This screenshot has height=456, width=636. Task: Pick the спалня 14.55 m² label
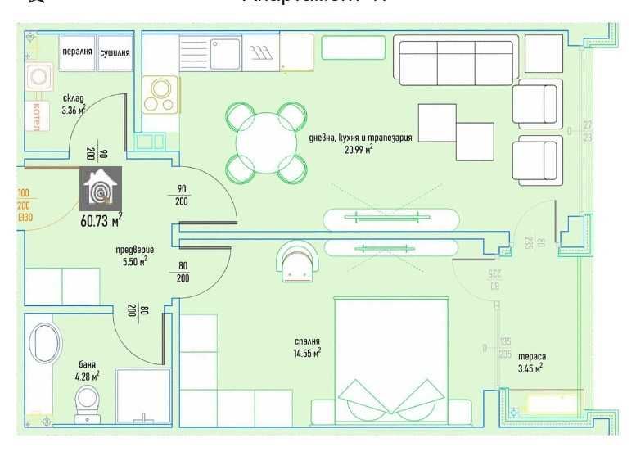tap(307, 346)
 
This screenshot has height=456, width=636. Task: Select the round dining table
tap(268, 142)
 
